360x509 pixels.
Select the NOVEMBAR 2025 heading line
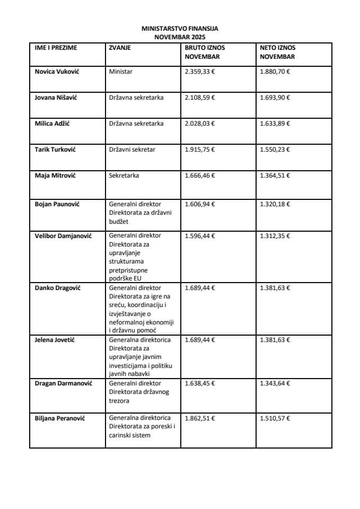point(180,37)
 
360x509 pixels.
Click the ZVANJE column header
point(120,48)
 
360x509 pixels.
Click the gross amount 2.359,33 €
point(200,71)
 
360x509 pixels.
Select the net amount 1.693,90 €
point(275,98)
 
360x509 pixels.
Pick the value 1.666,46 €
point(200,175)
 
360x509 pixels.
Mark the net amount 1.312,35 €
point(275,236)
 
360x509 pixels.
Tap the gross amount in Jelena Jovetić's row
point(200,339)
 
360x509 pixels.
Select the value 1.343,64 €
point(275,383)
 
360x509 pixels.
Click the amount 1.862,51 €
point(200,418)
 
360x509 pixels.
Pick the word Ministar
point(121,71)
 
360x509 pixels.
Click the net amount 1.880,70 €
point(275,71)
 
